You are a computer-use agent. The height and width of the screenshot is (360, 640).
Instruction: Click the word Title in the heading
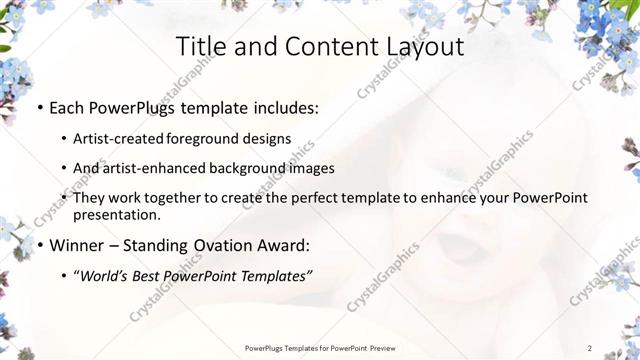tap(201, 47)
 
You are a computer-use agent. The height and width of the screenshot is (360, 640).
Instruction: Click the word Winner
tap(74, 245)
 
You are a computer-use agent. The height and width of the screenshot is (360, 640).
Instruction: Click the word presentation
tap(116, 215)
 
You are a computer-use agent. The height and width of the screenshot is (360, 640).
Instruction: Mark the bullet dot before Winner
tap(39, 245)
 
